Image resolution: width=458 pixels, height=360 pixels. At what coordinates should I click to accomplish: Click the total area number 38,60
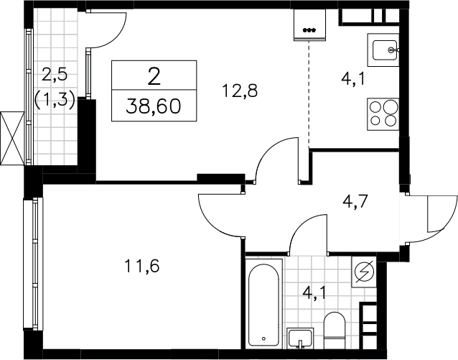point(154,106)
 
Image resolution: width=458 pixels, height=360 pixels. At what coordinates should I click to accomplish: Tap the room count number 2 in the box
point(154,75)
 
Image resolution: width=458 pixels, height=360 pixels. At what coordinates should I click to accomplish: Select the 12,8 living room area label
point(240,91)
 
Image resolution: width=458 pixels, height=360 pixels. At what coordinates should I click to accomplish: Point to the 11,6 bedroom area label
point(142,266)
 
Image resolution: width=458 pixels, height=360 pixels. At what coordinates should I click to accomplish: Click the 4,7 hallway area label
point(355,201)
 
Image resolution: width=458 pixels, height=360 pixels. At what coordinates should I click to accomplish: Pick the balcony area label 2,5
point(55,74)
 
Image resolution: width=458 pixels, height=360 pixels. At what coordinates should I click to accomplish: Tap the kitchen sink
point(383,50)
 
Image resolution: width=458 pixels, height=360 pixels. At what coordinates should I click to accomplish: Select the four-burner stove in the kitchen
point(383,114)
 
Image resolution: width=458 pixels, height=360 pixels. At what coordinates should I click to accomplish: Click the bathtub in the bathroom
point(264,304)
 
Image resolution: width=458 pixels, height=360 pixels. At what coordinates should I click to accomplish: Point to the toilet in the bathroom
point(335,330)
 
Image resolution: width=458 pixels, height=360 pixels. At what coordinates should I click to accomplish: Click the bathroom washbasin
point(300,338)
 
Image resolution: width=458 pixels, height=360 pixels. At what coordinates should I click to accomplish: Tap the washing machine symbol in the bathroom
point(364,272)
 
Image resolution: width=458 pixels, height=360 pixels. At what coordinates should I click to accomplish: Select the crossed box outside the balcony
point(12,139)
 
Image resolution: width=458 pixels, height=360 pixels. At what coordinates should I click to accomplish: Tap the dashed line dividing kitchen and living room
point(309,93)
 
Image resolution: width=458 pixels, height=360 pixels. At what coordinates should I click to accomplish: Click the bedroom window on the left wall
point(33,264)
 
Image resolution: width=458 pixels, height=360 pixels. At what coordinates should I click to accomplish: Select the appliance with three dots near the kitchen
point(309,25)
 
